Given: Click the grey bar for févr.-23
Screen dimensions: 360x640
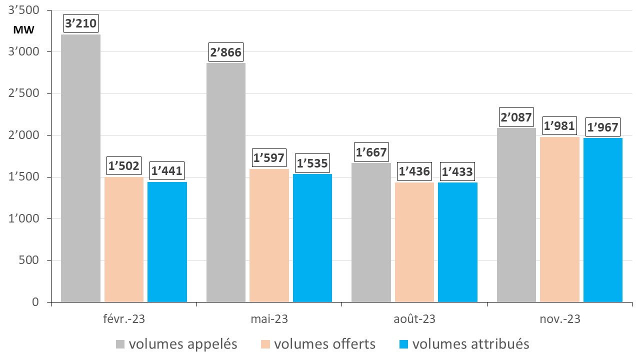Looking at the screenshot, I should coord(80,168).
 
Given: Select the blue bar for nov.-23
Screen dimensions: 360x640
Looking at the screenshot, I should coord(603,220).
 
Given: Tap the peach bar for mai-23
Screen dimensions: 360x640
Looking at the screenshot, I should coord(269,235).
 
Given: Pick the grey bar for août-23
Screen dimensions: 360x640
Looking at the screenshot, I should coord(371,232).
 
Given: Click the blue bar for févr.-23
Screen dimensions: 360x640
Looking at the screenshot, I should coord(167,242).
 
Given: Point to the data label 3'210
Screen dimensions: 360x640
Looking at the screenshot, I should coord(80,23).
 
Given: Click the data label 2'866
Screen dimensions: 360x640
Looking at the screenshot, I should coord(226,52).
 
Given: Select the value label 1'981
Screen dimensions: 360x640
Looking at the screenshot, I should coord(560,126).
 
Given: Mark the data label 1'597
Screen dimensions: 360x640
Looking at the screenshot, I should coord(269,158).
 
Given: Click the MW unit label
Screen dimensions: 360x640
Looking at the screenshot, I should coord(23,30).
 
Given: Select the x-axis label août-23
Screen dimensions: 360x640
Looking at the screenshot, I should coord(414,318).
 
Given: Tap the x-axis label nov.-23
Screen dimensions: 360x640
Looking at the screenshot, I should coord(559,318).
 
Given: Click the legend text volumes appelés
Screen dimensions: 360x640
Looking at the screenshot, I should coord(182,344).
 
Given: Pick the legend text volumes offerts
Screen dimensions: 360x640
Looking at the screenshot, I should coord(324,344).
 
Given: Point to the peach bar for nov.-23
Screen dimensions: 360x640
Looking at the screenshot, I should coord(560,219).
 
